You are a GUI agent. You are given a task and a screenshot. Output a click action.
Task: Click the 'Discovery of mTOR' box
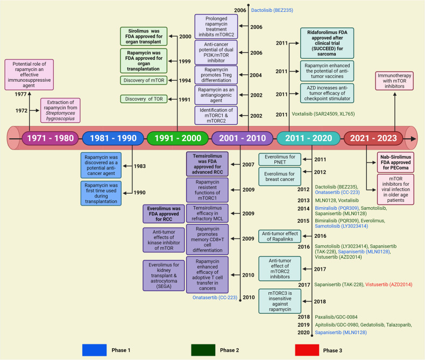coord(144,80)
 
